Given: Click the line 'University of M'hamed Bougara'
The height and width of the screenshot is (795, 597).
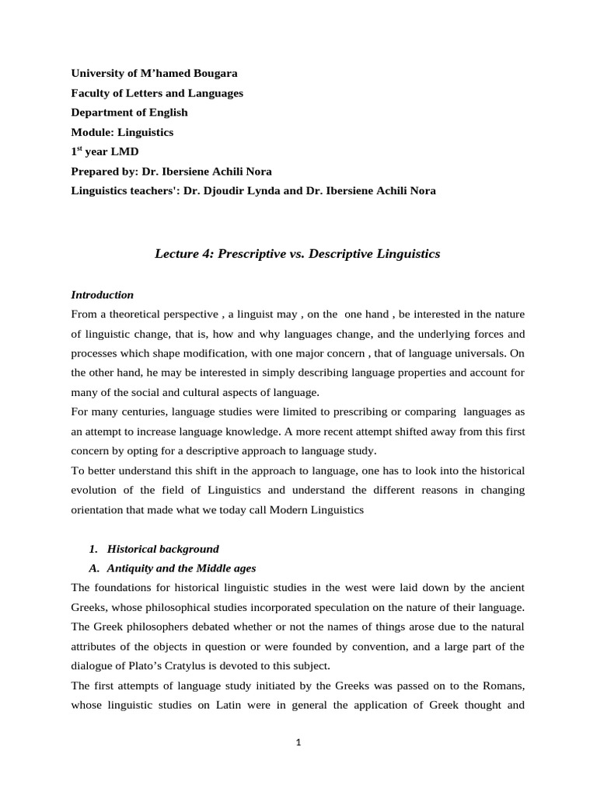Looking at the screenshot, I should pyautogui.click(x=154, y=73).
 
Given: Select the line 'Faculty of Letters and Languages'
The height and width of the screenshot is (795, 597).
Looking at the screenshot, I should pyautogui.click(x=157, y=92).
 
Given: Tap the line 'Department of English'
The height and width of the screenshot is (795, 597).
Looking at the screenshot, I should pyautogui.click(x=129, y=112).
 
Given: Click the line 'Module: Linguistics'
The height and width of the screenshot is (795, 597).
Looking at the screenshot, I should pyautogui.click(x=122, y=132).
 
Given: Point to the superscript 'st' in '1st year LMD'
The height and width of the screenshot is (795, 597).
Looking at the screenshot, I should pyautogui.click(x=81, y=149).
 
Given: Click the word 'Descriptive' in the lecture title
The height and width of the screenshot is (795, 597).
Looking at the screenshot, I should pyautogui.click(x=340, y=254).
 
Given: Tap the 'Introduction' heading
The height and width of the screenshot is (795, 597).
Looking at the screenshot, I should pyautogui.click(x=102, y=295).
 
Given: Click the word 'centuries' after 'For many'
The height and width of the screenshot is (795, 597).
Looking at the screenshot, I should pyautogui.click(x=141, y=432).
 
